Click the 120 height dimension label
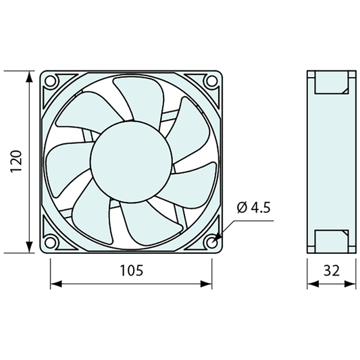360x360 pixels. point(16,161)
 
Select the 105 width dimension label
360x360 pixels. point(131,270)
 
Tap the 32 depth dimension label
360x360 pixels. point(332,270)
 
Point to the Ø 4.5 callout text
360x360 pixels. point(254,207)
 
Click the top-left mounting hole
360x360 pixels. point(50,81)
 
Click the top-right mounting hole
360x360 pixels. point(211,81)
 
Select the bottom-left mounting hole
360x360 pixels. point(50,242)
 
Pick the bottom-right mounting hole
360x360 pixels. point(211,242)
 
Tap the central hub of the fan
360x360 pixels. point(131,162)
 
